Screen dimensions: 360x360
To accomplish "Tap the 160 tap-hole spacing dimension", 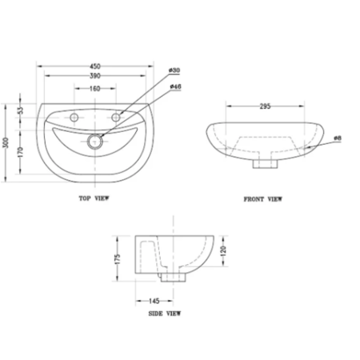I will (x=95, y=89).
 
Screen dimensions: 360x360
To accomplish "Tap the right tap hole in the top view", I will (x=117, y=119).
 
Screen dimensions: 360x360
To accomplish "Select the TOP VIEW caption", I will (x=95, y=197).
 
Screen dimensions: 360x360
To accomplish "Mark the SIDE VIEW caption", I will (x=166, y=314).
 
